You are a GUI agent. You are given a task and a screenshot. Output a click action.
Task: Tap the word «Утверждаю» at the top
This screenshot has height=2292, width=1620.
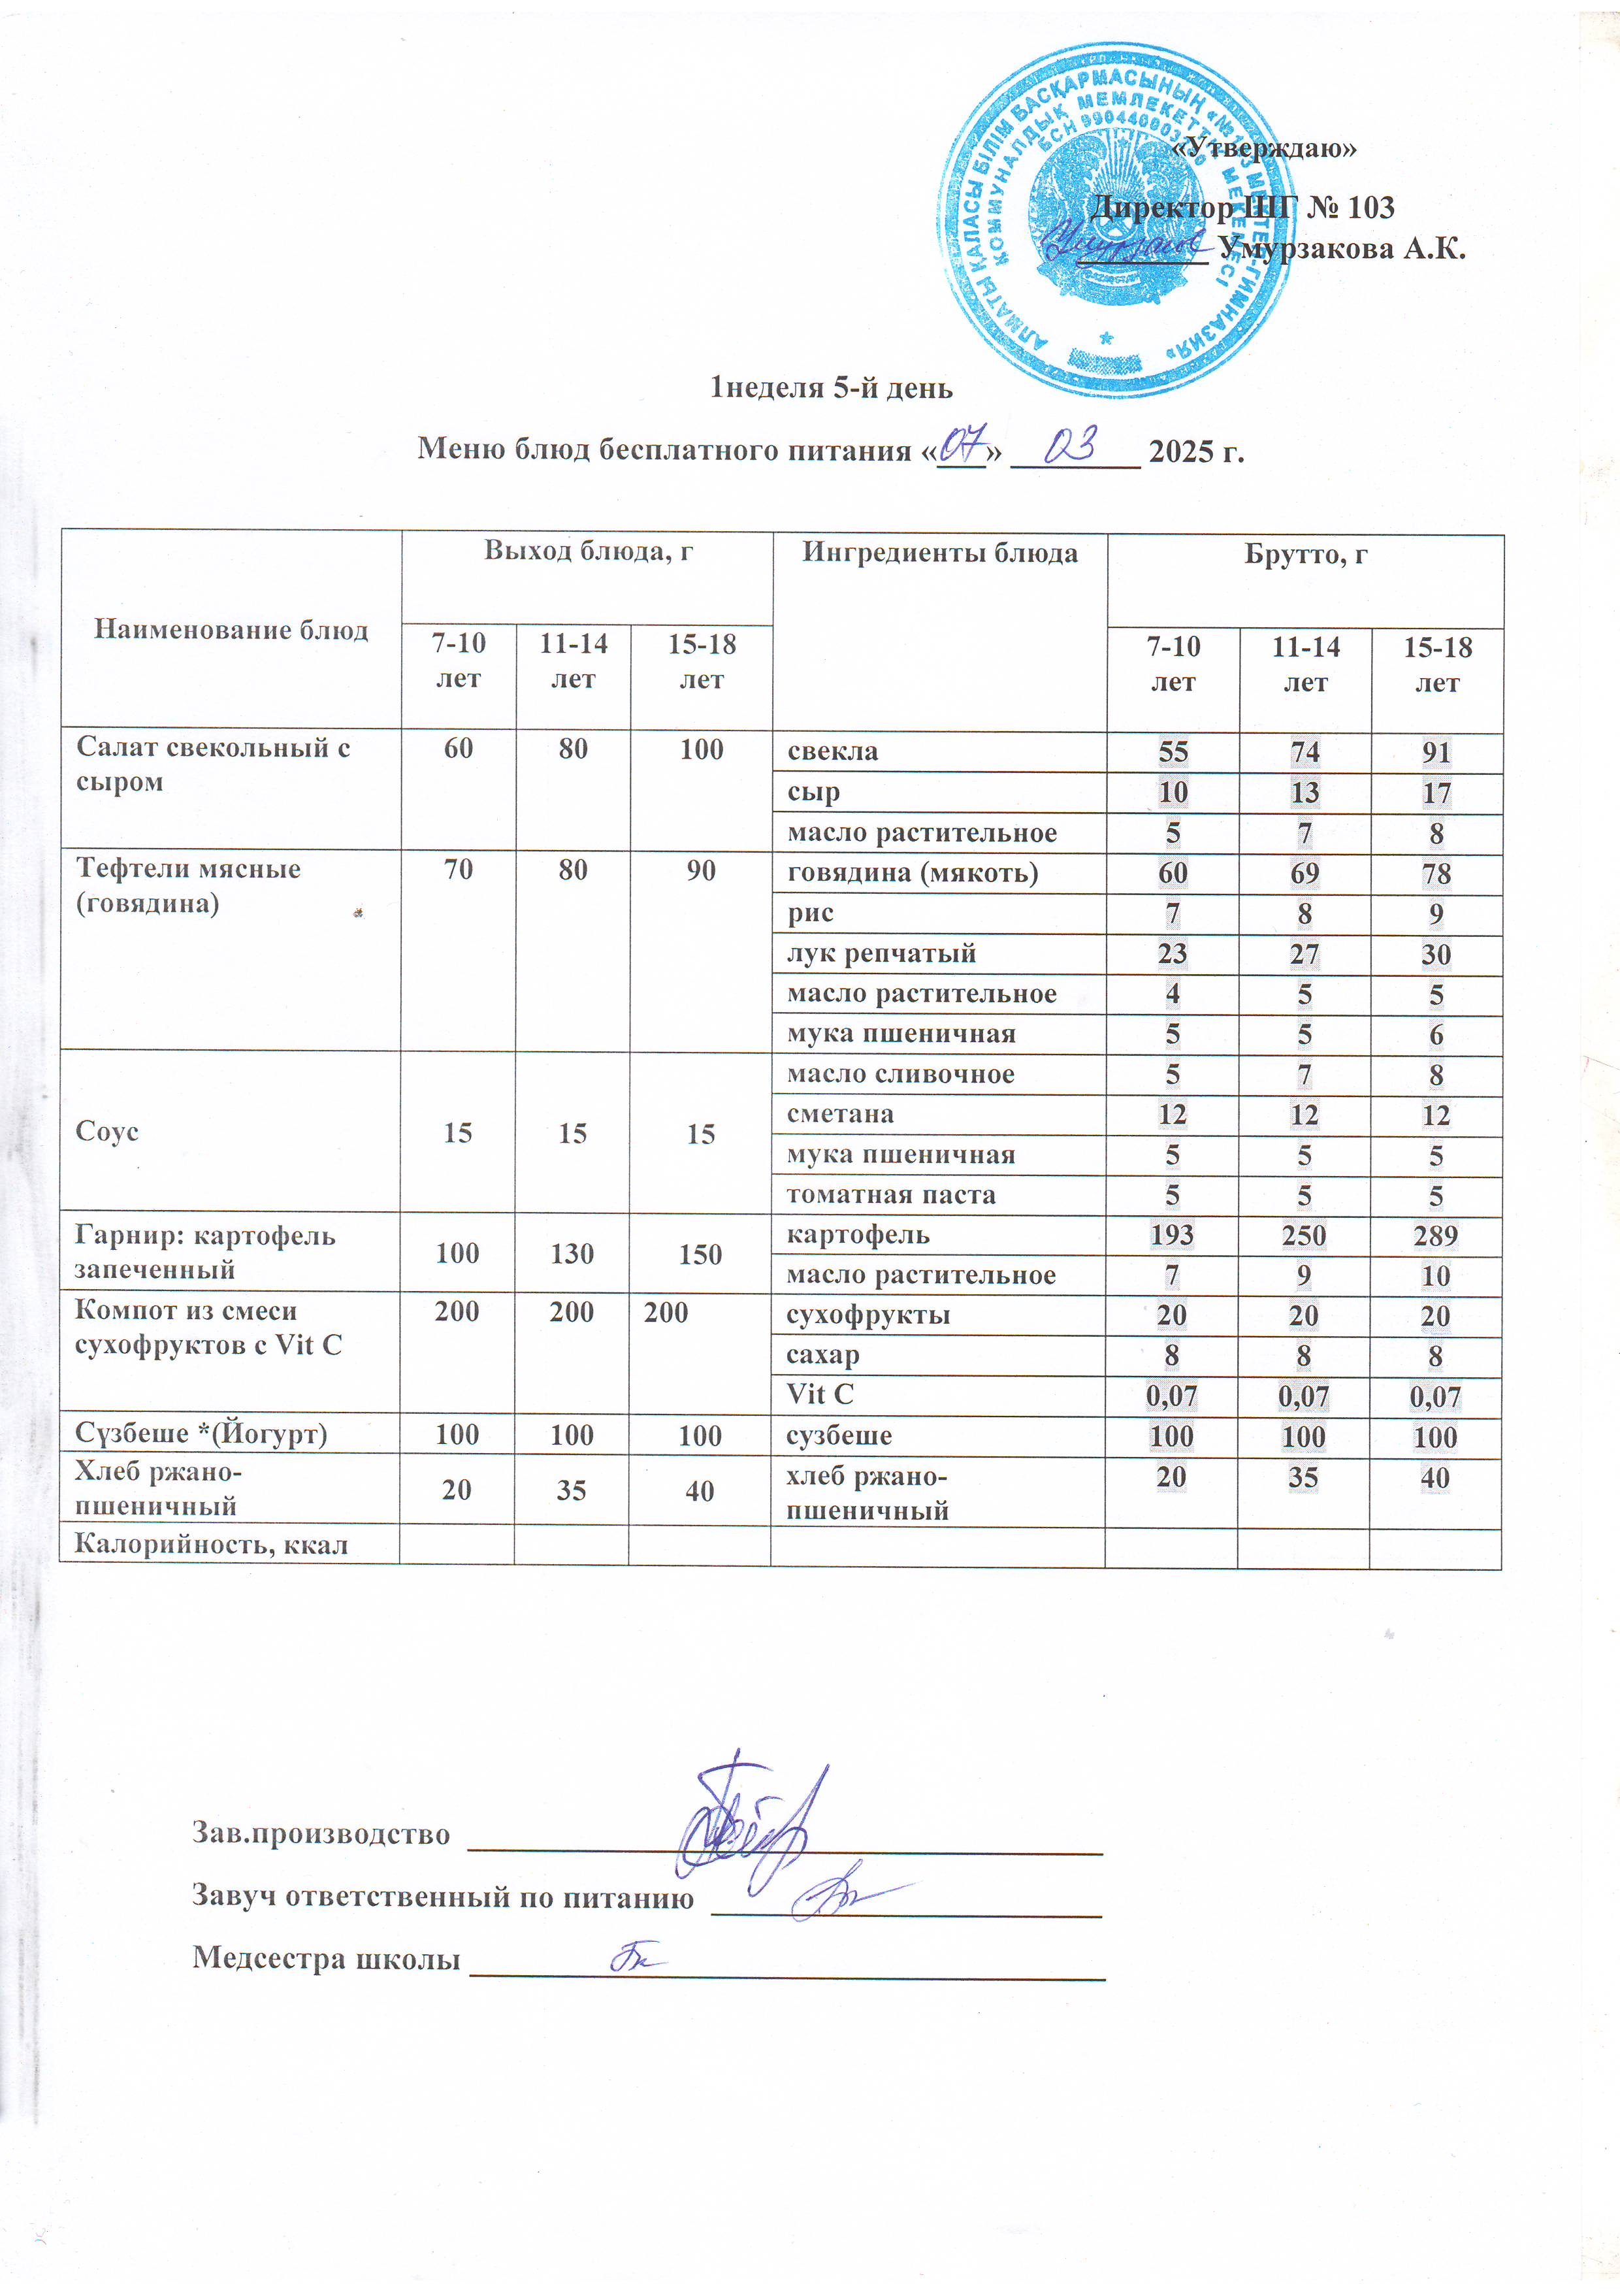[1263, 148]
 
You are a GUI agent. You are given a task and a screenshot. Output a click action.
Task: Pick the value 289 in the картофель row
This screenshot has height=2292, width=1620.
[1435, 1236]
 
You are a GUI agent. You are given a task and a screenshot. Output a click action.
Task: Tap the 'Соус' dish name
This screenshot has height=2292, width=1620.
[106, 1131]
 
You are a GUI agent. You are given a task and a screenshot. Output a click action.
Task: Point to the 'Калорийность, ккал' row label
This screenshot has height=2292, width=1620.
[212, 1545]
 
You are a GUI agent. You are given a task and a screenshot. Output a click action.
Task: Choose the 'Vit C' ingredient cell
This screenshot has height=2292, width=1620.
[820, 1394]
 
